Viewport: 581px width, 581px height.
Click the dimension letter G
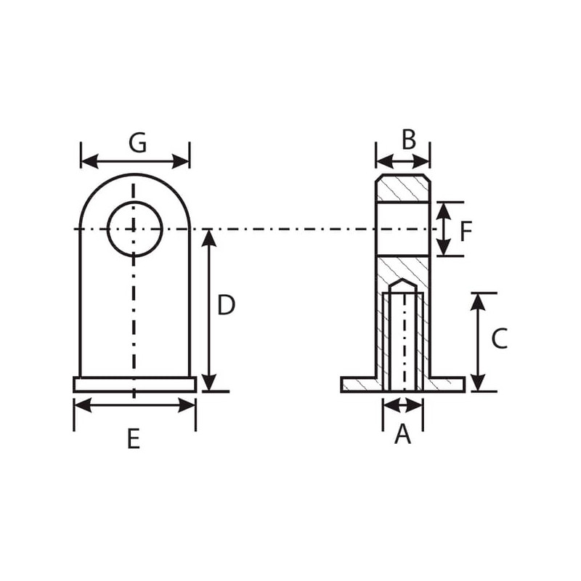click(x=137, y=143)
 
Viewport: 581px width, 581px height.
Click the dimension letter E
click(x=134, y=439)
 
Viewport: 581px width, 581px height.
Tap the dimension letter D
click(x=226, y=305)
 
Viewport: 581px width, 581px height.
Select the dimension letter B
click(x=409, y=140)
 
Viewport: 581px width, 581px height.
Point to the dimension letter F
click(x=466, y=231)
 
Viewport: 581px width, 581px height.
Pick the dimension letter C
click(x=499, y=338)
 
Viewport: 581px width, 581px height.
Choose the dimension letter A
click(x=403, y=434)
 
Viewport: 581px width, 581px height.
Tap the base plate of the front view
click(x=135, y=384)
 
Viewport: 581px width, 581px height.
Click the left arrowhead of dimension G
click(x=89, y=161)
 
